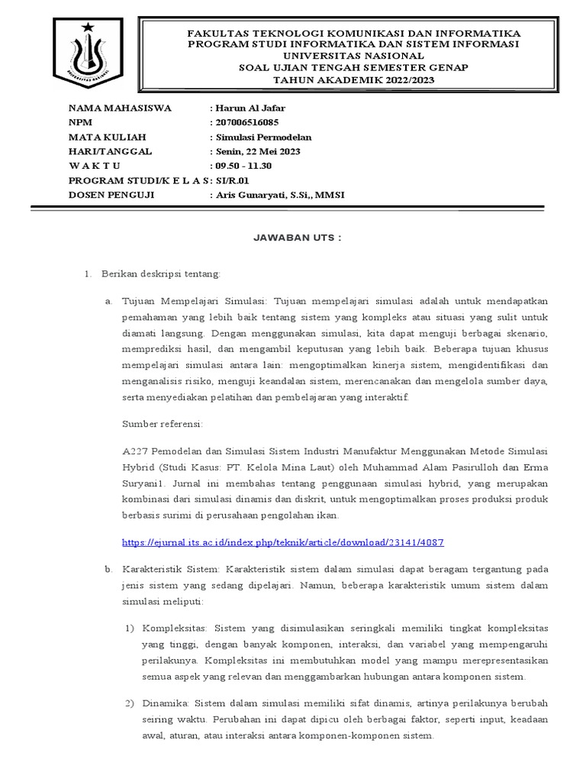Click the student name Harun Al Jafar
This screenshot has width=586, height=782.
click(250, 108)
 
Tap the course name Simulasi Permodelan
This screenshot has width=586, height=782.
click(262, 137)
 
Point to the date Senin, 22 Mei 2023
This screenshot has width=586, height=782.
click(257, 151)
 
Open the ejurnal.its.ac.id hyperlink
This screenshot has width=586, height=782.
click(283, 542)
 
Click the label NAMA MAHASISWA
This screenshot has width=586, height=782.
click(120, 108)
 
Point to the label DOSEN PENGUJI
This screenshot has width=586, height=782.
click(111, 195)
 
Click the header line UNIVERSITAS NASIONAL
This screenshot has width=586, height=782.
click(355, 56)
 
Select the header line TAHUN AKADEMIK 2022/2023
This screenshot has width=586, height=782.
click(355, 78)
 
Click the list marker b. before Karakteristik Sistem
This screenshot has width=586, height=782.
click(108, 570)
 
